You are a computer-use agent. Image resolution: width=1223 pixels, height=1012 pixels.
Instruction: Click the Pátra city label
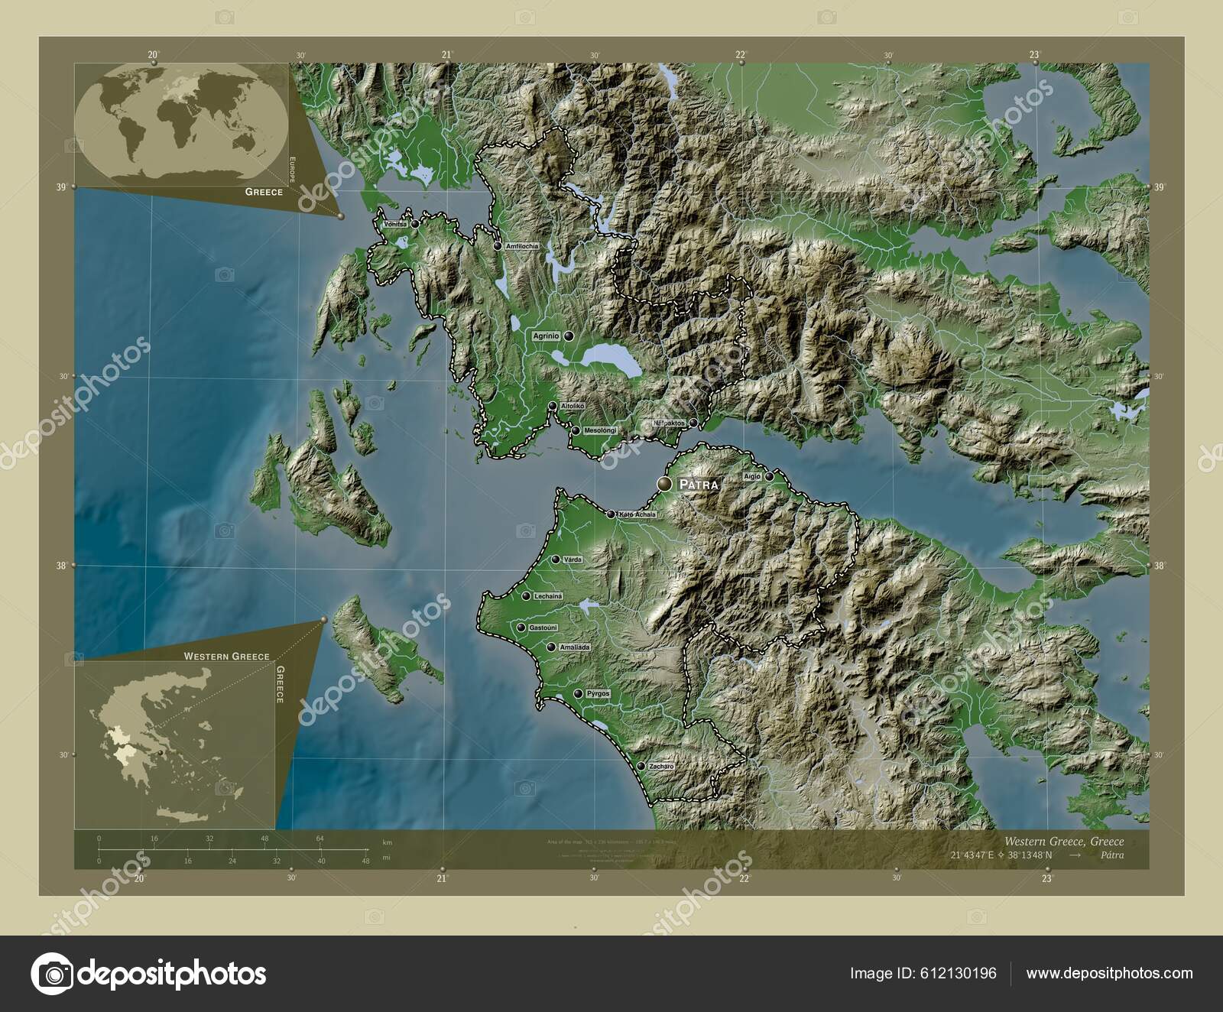click(x=697, y=484)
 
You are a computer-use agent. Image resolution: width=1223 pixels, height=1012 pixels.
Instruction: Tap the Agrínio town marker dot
click(x=569, y=336)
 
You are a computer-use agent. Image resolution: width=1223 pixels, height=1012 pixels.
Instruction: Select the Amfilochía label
click(x=522, y=246)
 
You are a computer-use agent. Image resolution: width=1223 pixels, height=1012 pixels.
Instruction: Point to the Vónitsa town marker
click(x=414, y=224)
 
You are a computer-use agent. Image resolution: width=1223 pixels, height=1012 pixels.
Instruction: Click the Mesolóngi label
click(x=600, y=431)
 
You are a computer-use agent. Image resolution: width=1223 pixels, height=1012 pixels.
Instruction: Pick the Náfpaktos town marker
click(x=693, y=423)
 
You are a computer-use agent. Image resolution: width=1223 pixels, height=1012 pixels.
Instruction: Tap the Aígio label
click(x=752, y=476)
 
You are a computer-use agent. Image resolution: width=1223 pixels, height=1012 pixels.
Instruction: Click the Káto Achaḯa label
click(x=637, y=514)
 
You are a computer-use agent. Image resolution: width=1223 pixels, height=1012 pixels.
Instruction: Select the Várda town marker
click(x=556, y=560)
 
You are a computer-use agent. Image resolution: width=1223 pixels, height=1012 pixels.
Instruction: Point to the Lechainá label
click(x=549, y=596)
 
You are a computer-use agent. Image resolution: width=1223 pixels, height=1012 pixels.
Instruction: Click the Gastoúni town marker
click(x=521, y=628)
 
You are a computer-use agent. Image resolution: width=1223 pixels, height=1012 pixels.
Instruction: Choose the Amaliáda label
click(x=575, y=647)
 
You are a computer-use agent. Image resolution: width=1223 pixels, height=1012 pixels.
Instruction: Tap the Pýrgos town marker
click(x=579, y=694)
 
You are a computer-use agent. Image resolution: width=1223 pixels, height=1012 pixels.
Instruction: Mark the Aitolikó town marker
click(x=552, y=406)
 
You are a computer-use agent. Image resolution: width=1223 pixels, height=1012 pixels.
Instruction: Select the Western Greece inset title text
click(x=225, y=656)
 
